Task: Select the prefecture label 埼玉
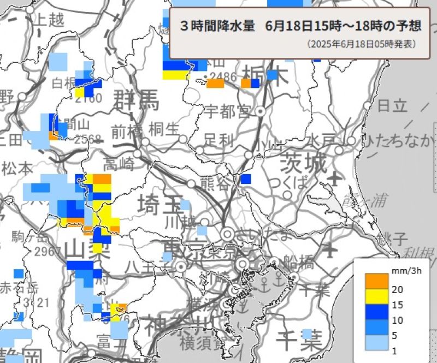coord(160,205)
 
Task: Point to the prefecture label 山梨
coord(87,250)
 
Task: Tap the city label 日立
coord(393,105)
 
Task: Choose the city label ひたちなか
coord(400,141)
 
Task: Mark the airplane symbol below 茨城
coord(335,178)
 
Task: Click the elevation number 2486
coord(220,76)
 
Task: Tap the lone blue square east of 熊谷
coord(246,178)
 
